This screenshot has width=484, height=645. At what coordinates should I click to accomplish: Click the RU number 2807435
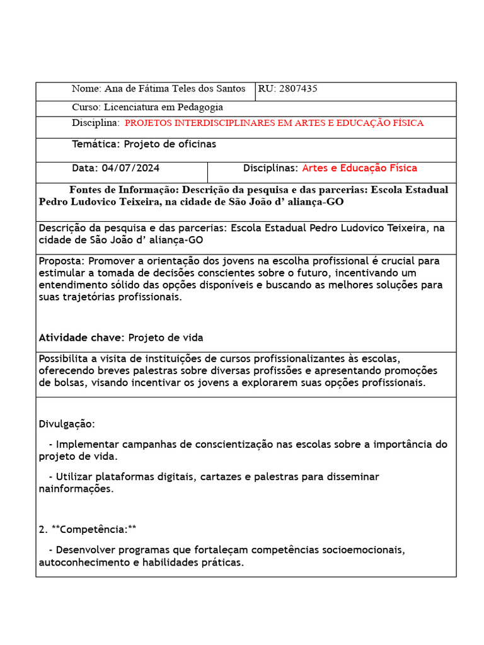(297, 89)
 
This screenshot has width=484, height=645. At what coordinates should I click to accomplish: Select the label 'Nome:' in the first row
(86, 89)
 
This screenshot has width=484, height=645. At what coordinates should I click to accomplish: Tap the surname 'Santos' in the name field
(234, 89)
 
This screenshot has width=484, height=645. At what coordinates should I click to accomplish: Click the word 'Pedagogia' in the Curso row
(199, 107)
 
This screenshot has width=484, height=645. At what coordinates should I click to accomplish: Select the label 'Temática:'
(95, 144)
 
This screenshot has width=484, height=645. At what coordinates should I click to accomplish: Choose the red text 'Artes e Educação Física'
(359, 168)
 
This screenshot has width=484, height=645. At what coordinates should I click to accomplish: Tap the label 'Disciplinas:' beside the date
(270, 168)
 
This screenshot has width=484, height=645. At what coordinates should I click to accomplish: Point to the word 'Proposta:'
(62, 261)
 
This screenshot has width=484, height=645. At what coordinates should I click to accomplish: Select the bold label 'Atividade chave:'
(79, 338)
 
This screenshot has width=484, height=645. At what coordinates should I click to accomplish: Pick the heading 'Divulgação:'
(67, 424)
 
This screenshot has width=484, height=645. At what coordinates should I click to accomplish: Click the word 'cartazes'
(224, 477)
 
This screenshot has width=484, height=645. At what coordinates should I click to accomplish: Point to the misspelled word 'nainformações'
(76, 489)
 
